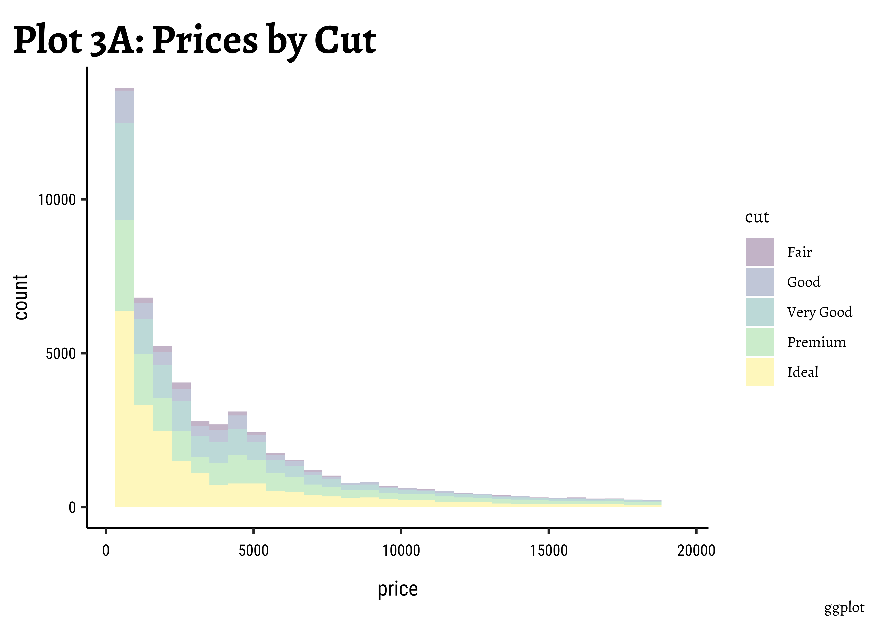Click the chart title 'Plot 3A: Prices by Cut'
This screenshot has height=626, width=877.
tap(195, 40)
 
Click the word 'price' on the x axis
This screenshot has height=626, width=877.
tap(398, 589)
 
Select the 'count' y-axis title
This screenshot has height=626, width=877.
tap(21, 297)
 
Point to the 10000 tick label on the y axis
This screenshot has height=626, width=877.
tap(56, 200)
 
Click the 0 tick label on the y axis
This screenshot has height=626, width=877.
tap(72, 508)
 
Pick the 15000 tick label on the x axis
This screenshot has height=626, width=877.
tap(548, 550)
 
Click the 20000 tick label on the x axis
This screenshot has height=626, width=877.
tap(696, 550)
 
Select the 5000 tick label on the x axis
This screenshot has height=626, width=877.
tap(253, 550)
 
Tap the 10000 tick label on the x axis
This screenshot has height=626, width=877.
tap(401, 550)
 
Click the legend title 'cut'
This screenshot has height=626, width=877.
tap(757, 217)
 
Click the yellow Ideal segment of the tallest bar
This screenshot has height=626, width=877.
tap(125, 409)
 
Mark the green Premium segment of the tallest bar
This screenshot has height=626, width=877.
tap(125, 265)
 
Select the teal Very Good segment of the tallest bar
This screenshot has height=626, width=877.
tap(125, 172)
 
